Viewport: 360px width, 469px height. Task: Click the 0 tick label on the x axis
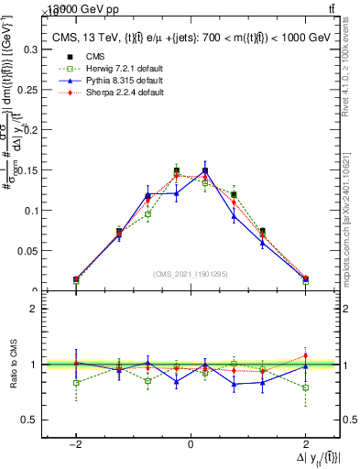(x=190, y=443)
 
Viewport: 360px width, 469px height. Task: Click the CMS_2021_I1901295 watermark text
(x=190, y=274)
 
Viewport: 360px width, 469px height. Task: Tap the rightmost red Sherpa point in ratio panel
(x=305, y=356)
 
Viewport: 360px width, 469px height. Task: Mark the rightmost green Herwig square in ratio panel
(x=305, y=387)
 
